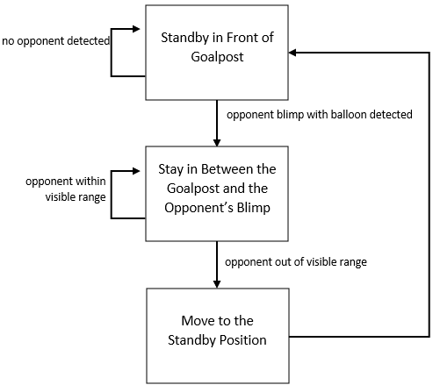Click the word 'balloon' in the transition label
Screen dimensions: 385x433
coord(332,115)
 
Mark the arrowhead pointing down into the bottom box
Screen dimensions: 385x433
coord(215,282)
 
